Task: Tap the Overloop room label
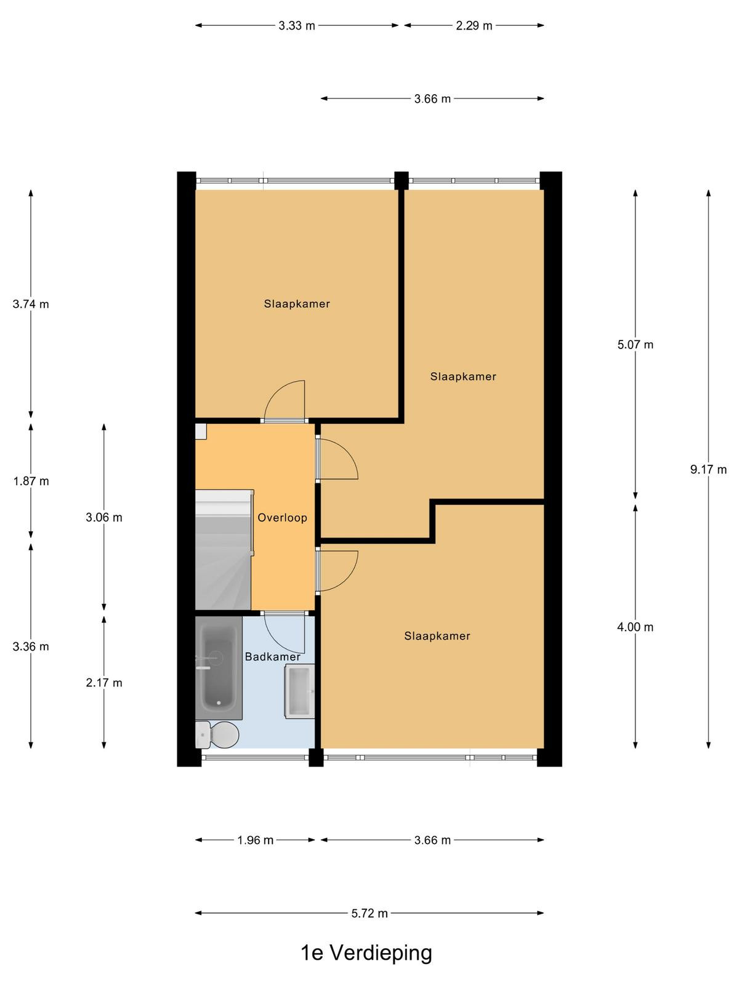[282, 517]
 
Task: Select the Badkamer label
[272, 656]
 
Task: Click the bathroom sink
[299, 691]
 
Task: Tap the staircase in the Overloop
[223, 550]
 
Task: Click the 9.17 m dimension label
[708, 469]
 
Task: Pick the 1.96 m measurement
[256, 840]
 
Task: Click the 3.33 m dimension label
[297, 26]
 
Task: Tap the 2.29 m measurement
[474, 26]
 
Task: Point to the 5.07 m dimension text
[636, 345]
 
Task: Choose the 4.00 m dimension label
[636, 627]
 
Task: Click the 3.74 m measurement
[31, 304]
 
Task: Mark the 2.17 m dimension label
[103, 683]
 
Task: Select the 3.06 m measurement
[103, 517]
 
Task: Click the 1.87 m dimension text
[31, 481]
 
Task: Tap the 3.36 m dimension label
[31, 646]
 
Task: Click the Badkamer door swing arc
[275, 641]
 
